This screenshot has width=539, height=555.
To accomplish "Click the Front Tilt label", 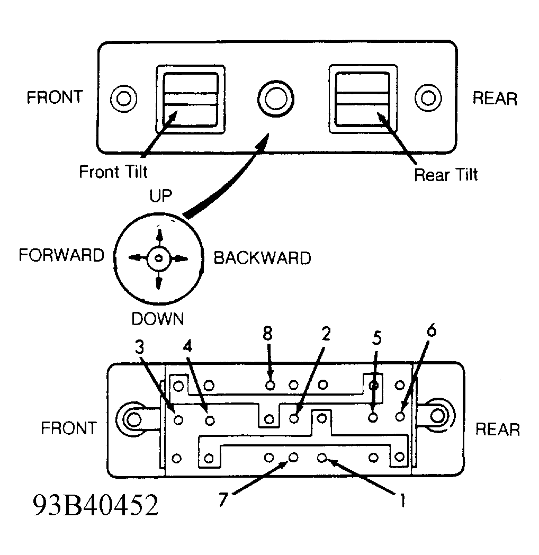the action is [x=113, y=172].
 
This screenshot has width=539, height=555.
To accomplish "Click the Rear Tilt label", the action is [x=446, y=175].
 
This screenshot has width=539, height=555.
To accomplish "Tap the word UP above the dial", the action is [x=160, y=196].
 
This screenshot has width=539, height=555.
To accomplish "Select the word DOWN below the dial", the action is [x=157, y=319].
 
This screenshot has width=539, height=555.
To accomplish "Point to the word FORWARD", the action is [x=61, y=255].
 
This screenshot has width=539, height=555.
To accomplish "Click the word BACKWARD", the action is [x=262, y=258].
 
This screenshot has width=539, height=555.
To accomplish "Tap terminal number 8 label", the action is [x=268, y=334].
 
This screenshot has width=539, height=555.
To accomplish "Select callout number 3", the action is [x=139, y=347].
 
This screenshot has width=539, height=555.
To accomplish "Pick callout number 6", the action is [x=432, y=330].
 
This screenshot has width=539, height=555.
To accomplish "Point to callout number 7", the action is [x=223, y=499].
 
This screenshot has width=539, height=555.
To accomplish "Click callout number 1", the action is [x=402, y=500].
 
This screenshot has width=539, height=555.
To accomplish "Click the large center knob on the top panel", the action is [x=276, y=99].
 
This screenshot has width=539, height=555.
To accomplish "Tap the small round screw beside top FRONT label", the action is [x=123, y=98].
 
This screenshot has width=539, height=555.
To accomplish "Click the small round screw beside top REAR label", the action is [x=428, y=97].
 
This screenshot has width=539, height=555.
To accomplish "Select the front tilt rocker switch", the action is [x=191, y=100].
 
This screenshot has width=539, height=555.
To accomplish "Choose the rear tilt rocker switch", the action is [x=363, y=99].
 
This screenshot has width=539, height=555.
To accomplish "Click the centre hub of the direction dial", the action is [x=159, y=258].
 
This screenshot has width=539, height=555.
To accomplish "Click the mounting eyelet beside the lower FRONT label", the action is [x=133, y=420].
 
